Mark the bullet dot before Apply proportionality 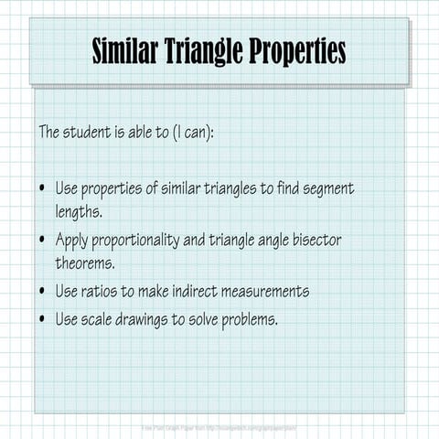[43, 241]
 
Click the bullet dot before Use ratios [43, 293]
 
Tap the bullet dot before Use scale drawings [43, 321]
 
